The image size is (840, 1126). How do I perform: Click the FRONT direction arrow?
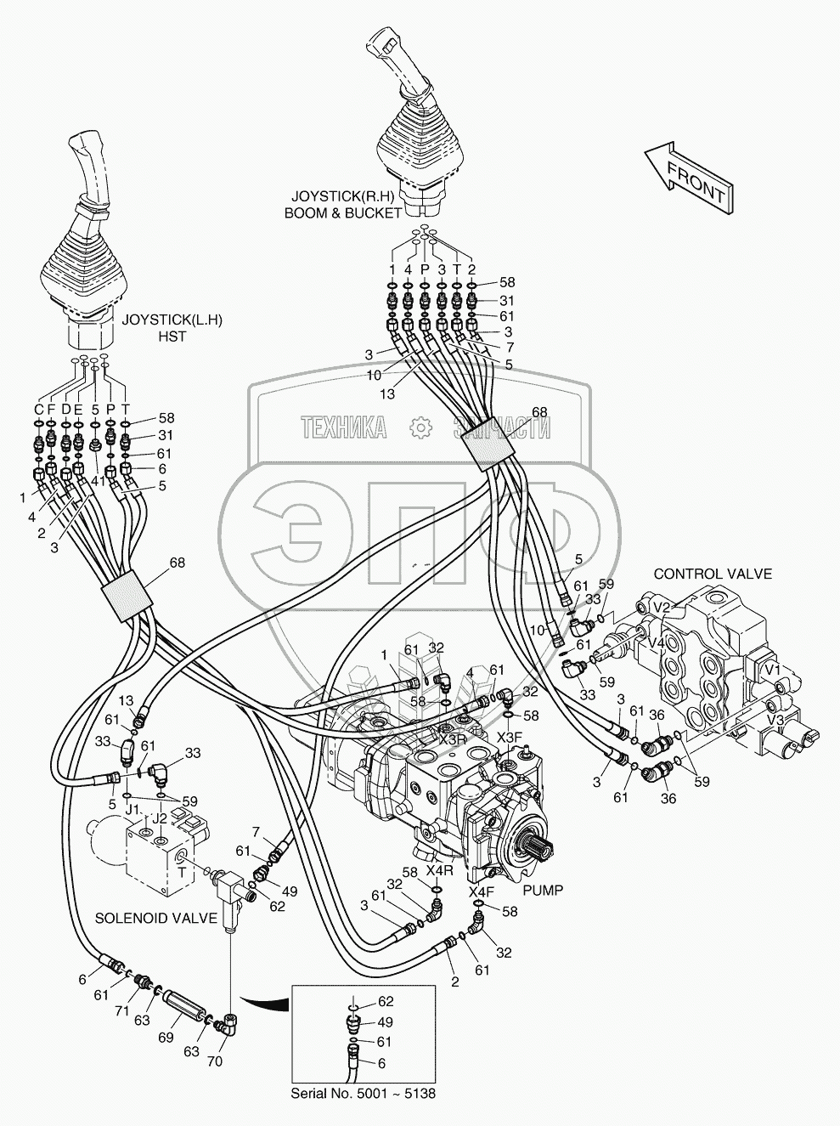point(686,176)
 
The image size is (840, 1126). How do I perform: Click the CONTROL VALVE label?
point(712,574)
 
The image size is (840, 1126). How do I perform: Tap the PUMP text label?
point(543,890)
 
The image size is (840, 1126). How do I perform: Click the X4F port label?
point(481,892)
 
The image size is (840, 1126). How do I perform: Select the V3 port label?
point(775,720)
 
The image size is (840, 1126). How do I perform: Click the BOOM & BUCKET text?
point(342,213)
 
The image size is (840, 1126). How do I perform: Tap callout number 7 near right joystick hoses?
point(508,348)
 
